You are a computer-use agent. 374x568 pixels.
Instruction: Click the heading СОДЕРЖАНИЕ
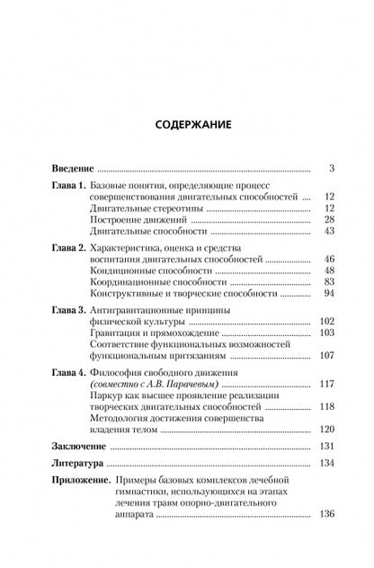pyautogui.click(x=187, y=126)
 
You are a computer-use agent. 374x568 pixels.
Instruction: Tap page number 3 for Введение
pyautogui.click(x=332, y=168)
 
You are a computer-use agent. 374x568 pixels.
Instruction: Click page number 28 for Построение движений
pyautogui.click(x=329, y=220)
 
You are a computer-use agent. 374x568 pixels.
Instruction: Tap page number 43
pyautogui.click(x=329, y=232)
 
